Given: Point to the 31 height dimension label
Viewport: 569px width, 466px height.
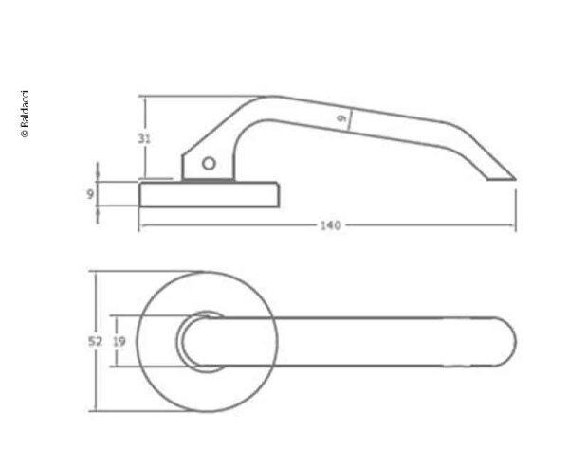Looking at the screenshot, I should pyautogui.click(x=144, y=138).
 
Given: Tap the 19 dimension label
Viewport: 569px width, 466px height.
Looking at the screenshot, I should pyautogui.click(x=119, y=342).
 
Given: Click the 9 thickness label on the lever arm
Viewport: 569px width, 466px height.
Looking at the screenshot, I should pyautogui.click(x=342, y=119).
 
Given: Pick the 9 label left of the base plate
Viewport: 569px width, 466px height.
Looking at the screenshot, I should pyautogui.click(x=89, y=195).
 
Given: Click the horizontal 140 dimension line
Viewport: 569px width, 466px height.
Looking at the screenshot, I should pyautogui.click(x=237, y=226).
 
